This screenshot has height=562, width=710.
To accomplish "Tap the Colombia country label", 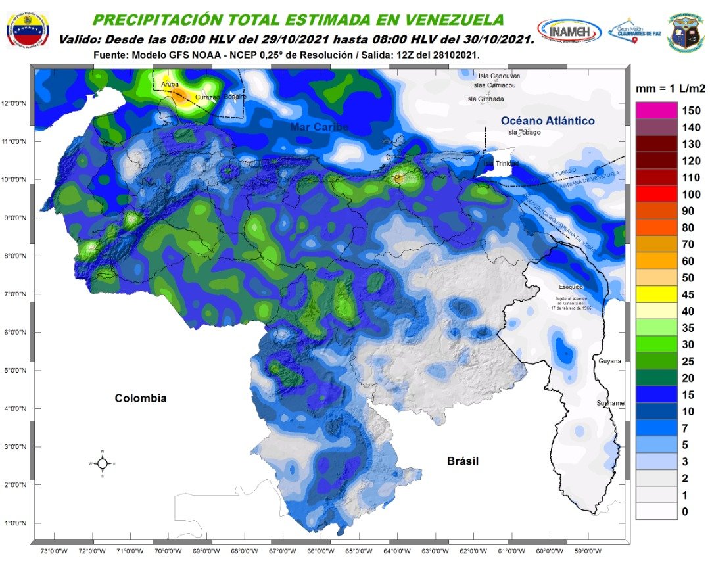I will click(141, 398).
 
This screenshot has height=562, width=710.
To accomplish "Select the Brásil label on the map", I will click(463, 461).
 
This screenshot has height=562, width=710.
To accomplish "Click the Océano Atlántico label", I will click(548, 120).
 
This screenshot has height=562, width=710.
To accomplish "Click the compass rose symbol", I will click(103, 463).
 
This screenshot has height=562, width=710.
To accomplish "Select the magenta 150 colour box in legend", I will click(655, 110).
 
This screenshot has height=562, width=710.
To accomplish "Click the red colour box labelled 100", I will click(655, 194).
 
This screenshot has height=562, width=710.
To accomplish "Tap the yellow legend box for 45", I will click(655, 294).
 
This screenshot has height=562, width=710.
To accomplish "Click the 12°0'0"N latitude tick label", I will click(14, 103).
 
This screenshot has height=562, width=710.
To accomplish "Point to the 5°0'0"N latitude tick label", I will click(14, 370).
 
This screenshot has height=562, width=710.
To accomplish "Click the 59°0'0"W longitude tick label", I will click(587, 550).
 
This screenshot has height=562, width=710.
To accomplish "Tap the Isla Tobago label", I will click(523, 133).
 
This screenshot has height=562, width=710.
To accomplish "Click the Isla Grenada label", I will click(485, 99).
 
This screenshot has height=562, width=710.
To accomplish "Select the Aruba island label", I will click(161, 85).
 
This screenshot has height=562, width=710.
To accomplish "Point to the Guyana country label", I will click(609, 362).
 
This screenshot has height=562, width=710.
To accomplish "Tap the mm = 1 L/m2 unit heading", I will click(671, 88).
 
